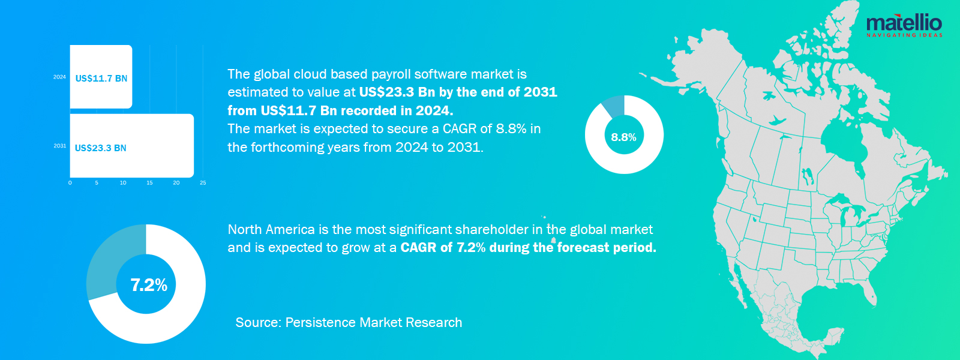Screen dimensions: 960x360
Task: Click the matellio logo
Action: [904, 25]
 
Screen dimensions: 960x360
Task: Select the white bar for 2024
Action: [101, 77]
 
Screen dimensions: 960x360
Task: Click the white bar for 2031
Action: [132, 145]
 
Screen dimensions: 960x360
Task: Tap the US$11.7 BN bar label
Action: [101, 79]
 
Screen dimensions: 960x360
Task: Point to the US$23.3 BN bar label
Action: [100, 148]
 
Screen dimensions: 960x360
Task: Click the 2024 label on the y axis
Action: [59, 77]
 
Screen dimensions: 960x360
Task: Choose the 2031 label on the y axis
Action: [60, 146]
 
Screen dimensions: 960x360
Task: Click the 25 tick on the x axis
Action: [203, 182]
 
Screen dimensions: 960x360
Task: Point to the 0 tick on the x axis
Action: [70, 182]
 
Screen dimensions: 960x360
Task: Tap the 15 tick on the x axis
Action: [149, 182]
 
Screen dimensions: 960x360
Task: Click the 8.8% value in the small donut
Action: [623, 137]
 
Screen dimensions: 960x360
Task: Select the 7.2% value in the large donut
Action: [149, 285]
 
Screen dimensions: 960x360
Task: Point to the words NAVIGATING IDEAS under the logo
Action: [904, 35]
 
